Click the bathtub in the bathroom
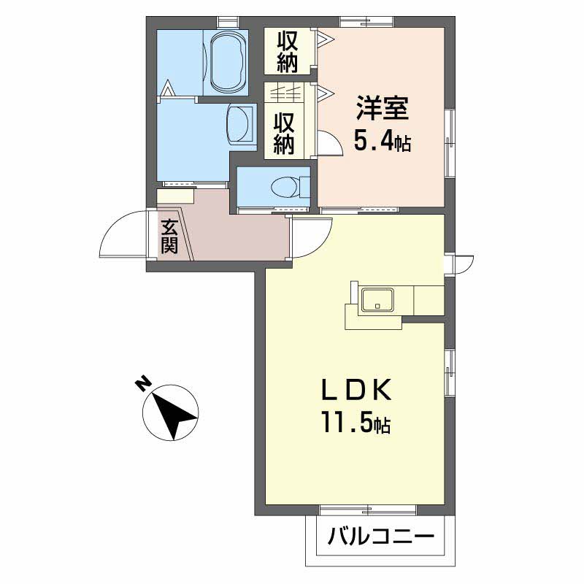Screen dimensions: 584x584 coord(226,63)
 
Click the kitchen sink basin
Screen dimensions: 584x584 coord(377,300)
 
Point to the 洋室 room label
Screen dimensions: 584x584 coord(383,107)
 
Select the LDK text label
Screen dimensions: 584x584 coord(356,388)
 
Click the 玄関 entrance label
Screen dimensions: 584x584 coord(169,236)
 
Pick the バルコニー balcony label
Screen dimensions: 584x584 coord(380,537)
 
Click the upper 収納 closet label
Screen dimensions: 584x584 coord(287,52)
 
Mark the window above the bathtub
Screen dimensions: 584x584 coord(228,22)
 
